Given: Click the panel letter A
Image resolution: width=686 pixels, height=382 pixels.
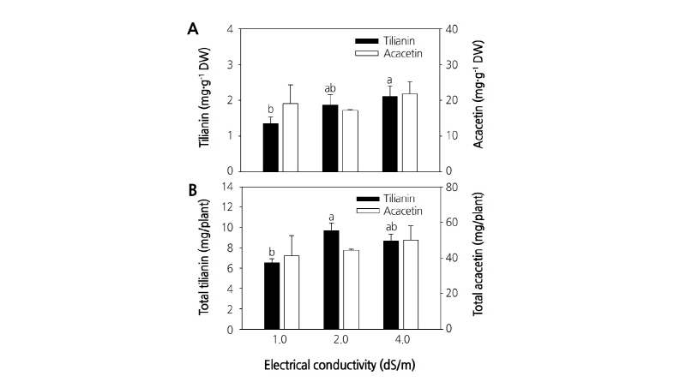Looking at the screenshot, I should pyautogui.click(x=193, y=28).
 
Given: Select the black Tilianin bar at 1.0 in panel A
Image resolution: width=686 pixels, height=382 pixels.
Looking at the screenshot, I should pyautogui.click(x=271, y=147).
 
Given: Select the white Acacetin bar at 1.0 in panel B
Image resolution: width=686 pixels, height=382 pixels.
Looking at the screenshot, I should pyautogui.click(x=291, y=292).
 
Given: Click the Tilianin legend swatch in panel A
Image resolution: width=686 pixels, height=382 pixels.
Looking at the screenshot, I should pyautogui.click(x=370, y=41).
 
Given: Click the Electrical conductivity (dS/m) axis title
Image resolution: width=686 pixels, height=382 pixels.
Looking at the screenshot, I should pyautogui.click(x=341, y=364).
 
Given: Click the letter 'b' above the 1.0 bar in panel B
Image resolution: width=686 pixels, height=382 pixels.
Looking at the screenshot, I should pyautogui.click(x=270, y=251).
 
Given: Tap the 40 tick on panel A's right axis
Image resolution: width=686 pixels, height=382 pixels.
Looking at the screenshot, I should pyautogui.click(x=451, y=29).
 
